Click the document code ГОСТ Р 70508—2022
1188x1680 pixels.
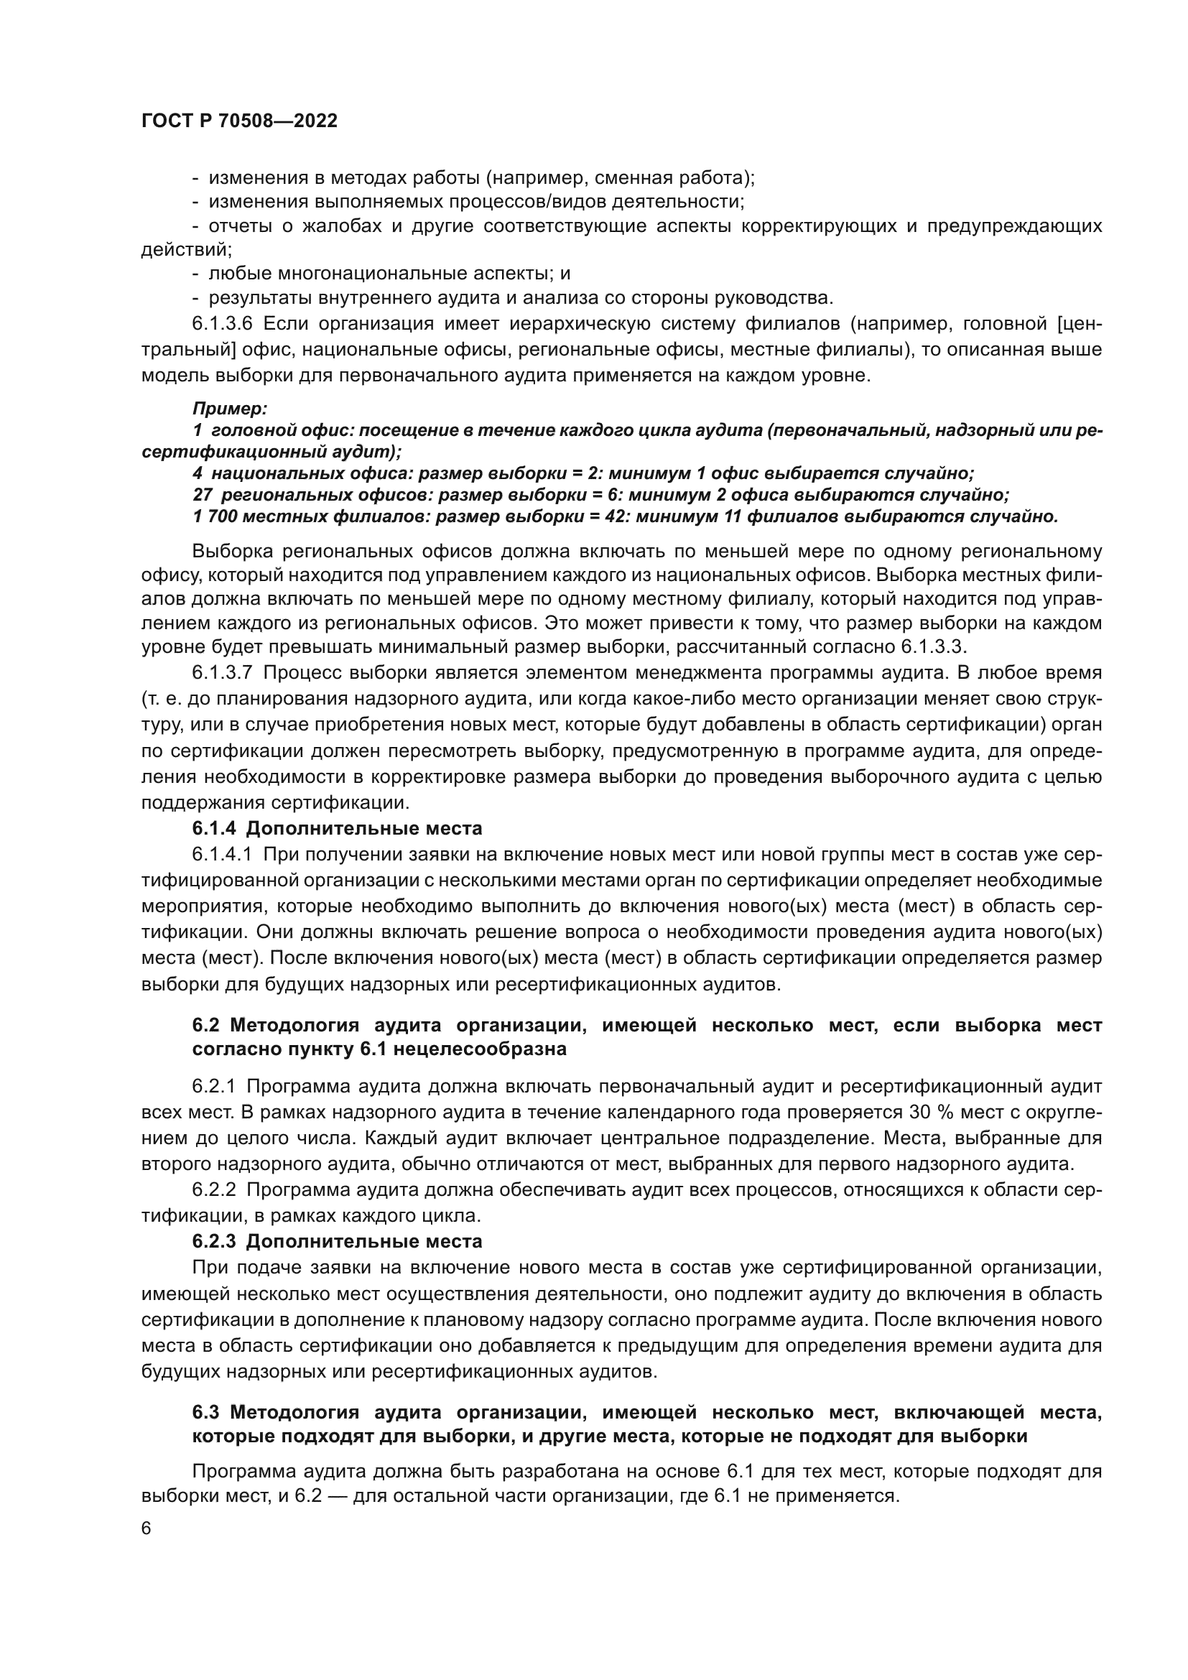(x=238, y=121)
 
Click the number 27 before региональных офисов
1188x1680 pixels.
(x=202, y=495)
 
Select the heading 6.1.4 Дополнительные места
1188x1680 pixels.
(x=338, y=828)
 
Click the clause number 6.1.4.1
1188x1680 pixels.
(x=222, y=855)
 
